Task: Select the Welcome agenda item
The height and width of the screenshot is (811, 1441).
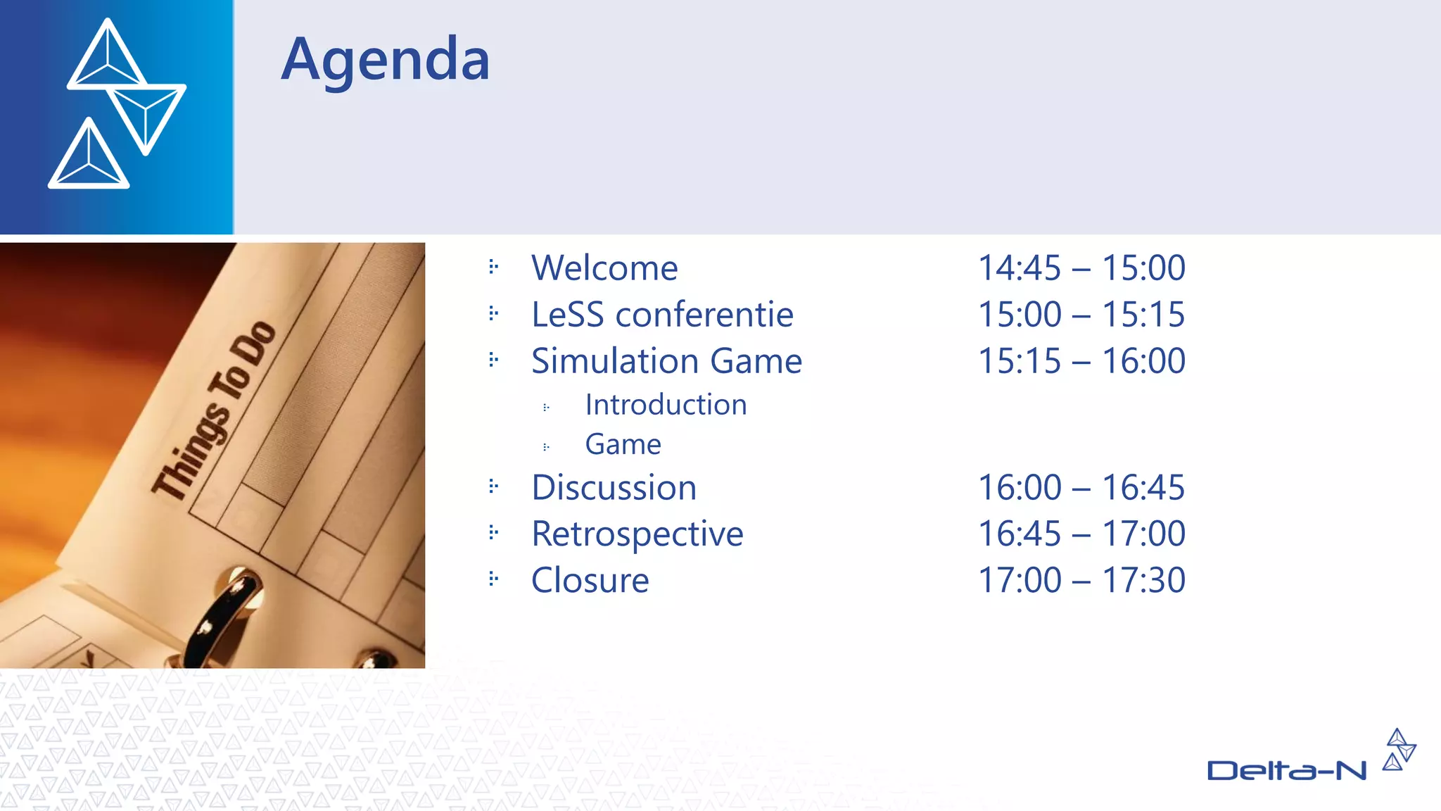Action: pos(604,268)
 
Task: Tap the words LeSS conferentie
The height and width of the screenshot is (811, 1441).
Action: pos(662,315)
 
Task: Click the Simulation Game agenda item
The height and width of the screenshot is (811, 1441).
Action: pos(666,361)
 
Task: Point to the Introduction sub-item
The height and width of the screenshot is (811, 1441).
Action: pos(666,405)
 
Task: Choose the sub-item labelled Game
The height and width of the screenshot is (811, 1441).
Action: pos(623,444)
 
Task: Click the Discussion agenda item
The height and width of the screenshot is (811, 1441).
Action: pos(614,488)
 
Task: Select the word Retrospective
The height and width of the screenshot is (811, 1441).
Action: pos(637,534)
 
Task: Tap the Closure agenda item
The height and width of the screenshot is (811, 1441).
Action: pos(590,581)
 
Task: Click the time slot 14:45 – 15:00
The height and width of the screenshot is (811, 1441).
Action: pos(1081,268)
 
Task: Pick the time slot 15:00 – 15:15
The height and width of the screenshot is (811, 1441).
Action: pos(1081,315)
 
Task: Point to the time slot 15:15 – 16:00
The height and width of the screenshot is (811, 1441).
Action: pos(1081,361)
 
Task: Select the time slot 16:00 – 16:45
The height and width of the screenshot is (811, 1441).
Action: pos(1081,488)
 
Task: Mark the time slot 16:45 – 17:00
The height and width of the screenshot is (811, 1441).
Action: pos(1081,534)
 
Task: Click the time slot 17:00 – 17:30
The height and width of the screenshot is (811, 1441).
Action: pos(1081,581)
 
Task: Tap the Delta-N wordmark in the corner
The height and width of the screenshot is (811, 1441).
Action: pos(1286,770)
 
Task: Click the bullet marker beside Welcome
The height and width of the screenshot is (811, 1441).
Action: pos(493,267)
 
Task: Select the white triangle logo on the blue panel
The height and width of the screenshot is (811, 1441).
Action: pos(117,103)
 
